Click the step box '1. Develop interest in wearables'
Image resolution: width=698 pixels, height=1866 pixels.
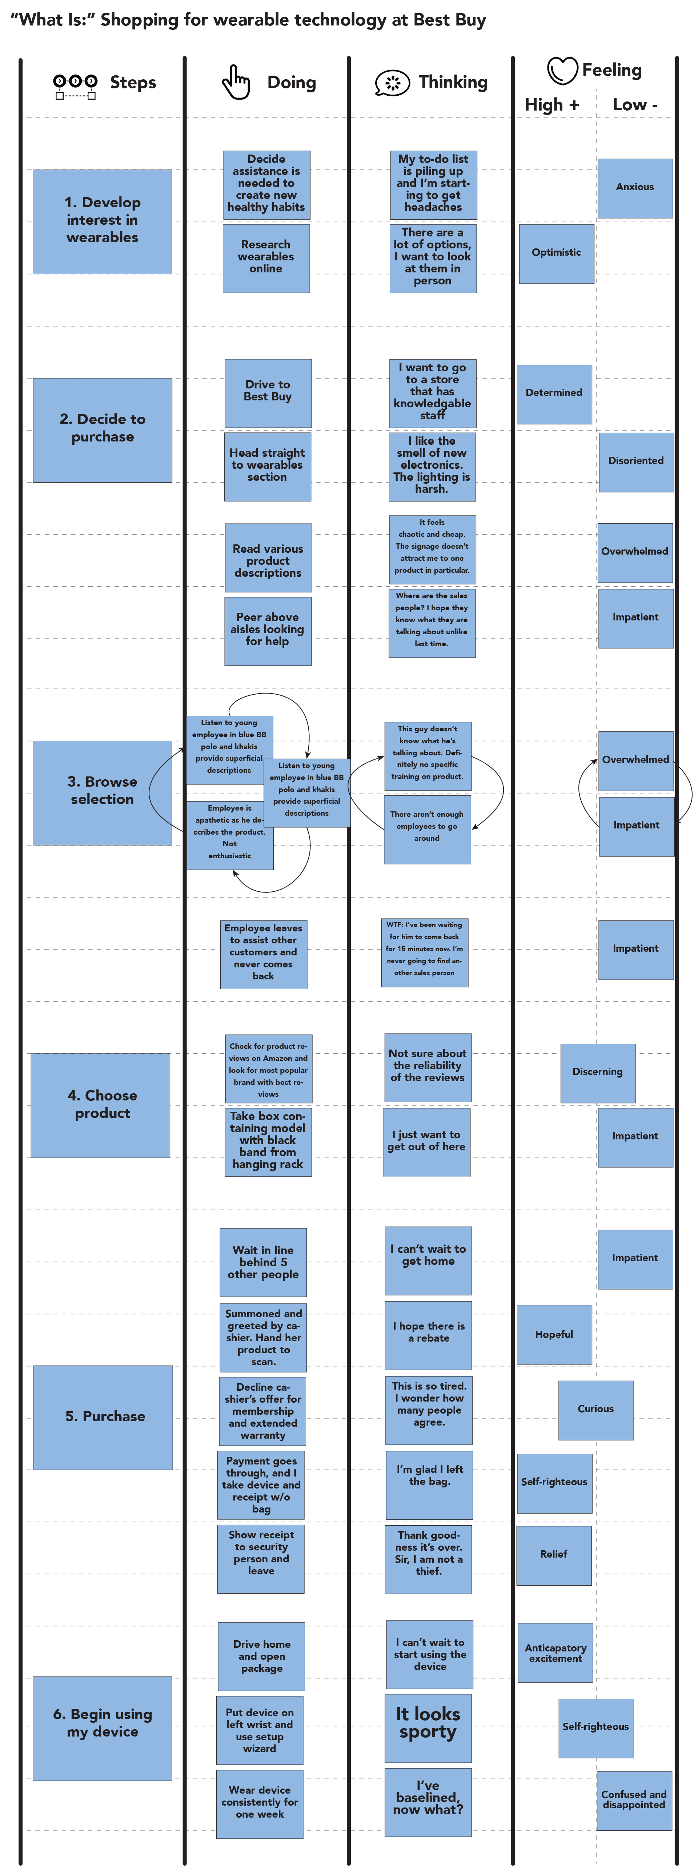click(102, 222)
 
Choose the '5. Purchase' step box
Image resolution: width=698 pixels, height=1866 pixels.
click(103, 1417)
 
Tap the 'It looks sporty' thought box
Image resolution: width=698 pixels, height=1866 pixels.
click(428, 1728)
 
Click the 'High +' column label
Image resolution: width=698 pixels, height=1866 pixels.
click(552, 105)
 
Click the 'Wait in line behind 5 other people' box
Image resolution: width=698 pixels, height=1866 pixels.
click(263, 1263)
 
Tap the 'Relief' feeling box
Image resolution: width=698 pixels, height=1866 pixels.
click(554, 1555)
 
